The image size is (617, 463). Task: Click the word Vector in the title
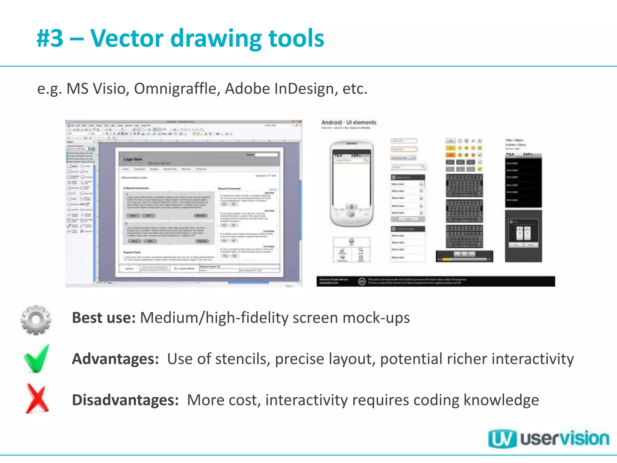point(127,38)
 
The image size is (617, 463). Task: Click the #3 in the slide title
point(50,38)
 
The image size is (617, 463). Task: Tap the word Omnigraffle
point(177,89)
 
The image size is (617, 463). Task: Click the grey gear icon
point(36,320)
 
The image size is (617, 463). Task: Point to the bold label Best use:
point(104,318)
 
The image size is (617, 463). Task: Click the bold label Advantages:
point(115,359)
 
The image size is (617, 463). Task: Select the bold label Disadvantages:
point(125,400)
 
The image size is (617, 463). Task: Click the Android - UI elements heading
point(349,122)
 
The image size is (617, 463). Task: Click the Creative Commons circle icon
point(362,281)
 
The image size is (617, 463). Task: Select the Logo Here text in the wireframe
point(133,159)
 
